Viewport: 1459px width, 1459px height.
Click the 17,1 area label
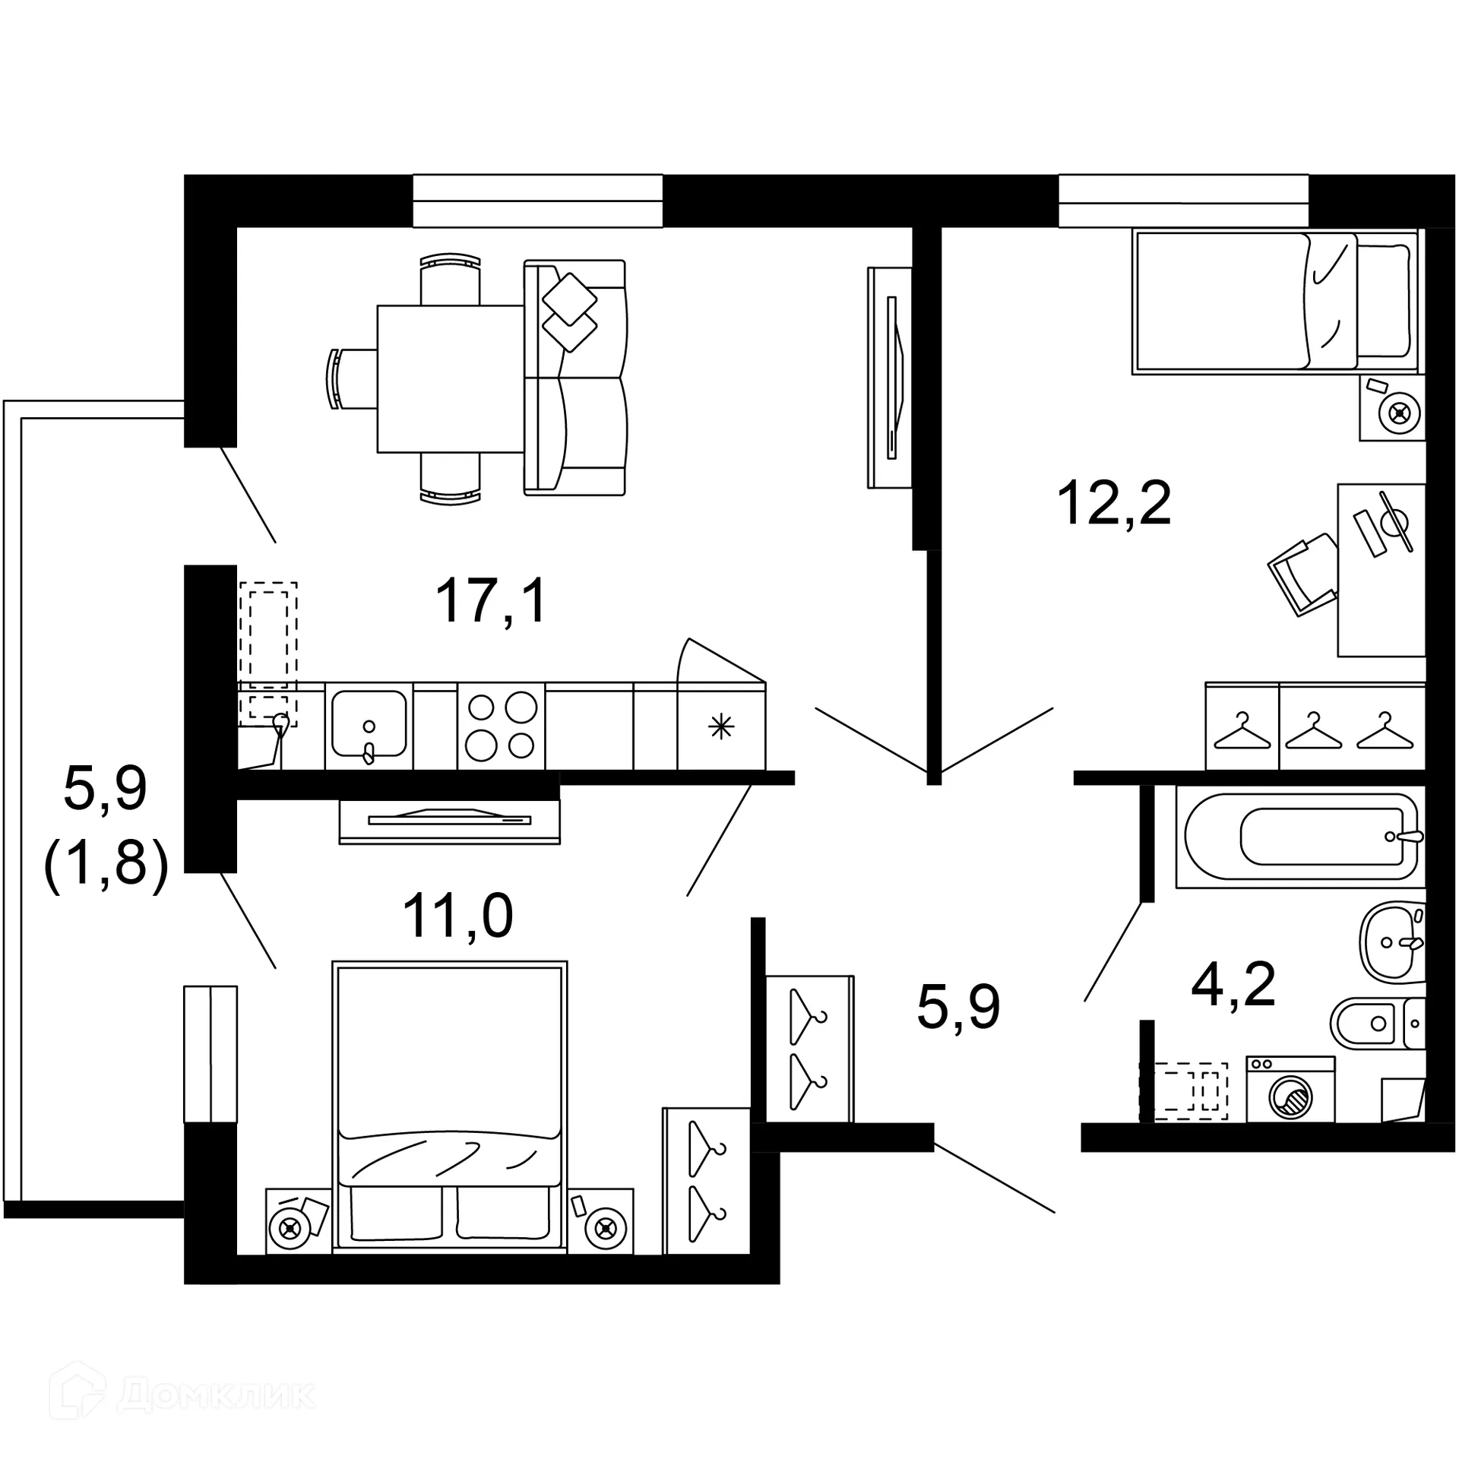tap(491, 600)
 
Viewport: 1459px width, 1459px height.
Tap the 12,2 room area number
tap(1114, 503)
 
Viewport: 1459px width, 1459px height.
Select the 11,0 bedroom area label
tap(457, 916)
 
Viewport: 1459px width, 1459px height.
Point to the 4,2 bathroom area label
tap(1233, 985)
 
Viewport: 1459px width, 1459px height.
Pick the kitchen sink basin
tap(369, 724)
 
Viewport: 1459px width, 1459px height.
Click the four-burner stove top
tap(501, 726)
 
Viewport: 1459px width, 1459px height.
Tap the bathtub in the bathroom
tap(1299, 837)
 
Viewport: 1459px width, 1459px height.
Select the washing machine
tap(1290, 1089)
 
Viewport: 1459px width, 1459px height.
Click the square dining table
tap(451, 378)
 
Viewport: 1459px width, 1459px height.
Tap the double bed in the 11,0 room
tap(450, 1106)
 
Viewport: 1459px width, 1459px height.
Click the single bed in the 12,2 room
tap(1274, 302)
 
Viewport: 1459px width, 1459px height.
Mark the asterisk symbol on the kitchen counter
tap(720, 727)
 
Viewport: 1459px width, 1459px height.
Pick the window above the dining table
tap(537, 201)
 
